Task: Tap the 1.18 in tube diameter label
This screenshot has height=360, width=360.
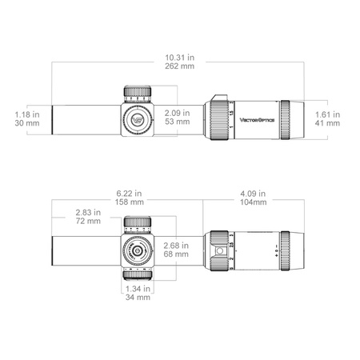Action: (x=26, y=114)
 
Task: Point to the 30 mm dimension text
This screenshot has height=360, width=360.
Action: (x=26, y=124)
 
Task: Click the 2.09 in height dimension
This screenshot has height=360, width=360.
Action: (x=171, y=114)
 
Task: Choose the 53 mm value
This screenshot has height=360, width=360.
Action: (x=171, y=124)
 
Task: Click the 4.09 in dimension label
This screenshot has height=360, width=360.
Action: (x=254, y=194)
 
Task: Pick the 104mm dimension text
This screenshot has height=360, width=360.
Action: (x=254, y=203)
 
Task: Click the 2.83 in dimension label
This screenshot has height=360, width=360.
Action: (x=88, y=212)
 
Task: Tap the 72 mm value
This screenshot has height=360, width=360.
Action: (x=88, y=222)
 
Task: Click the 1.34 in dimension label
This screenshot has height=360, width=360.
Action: (x=138, y=287)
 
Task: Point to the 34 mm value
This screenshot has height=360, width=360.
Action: (x=138, y=297)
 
